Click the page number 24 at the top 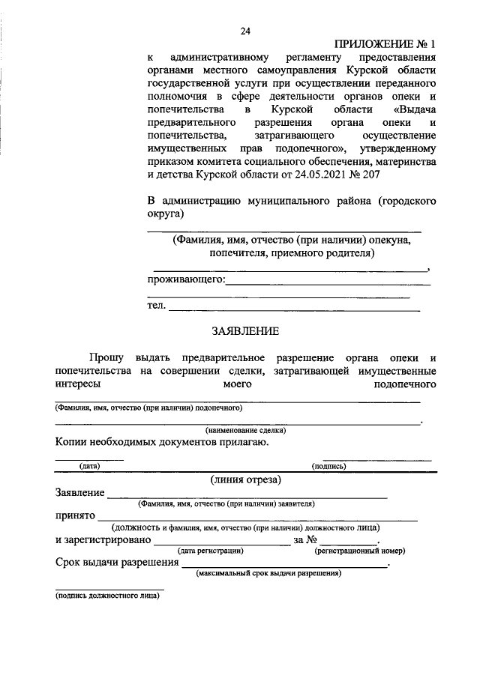click(244, 31)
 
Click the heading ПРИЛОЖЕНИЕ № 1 click(384, 44)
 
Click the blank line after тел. click(294, 309)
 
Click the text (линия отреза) click(245, 479)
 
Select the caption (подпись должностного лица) click(106, 597)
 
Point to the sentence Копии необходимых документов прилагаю click(161, 442)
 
